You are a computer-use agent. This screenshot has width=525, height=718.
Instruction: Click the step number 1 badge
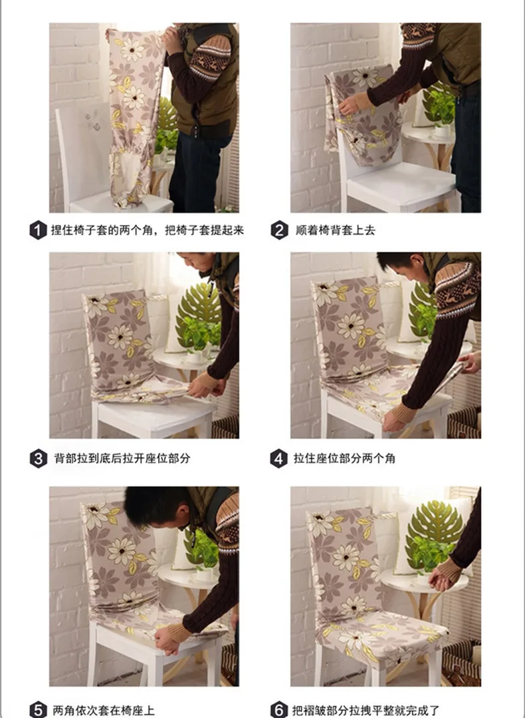coord(39,230)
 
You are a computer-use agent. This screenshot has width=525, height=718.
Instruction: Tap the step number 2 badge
coord(279,230)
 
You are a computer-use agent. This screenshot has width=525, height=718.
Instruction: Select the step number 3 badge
coord(39,458)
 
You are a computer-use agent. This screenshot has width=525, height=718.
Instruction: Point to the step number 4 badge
coord(279,458)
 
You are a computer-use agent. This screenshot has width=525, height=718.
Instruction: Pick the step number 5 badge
coord(39,710)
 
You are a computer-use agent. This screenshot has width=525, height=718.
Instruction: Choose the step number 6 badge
coord(279,710)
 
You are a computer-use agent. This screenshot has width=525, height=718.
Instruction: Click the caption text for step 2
coord(336,230)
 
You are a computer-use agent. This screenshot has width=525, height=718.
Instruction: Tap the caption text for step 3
coord(122,458)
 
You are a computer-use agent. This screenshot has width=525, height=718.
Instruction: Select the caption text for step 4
coord(344,458)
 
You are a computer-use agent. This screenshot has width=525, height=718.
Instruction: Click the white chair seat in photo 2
coord(401,182)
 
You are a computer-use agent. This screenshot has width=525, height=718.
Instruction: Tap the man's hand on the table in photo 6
coord(443,575)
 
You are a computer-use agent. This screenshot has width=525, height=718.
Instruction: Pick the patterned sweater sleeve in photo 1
coord(208,59)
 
